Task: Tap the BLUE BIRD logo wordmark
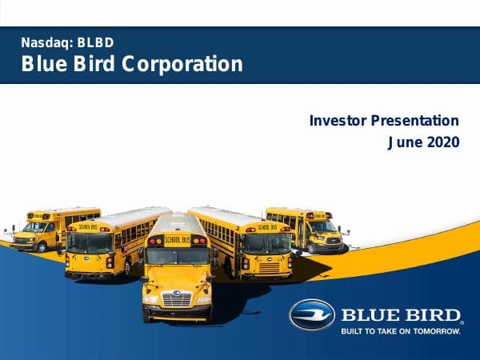click(401, 314)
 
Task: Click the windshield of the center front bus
click(177, 257)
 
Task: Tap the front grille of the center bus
click(177, 298)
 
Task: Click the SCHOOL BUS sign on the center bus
click(177, 238)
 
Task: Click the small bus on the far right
click(312, 229)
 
